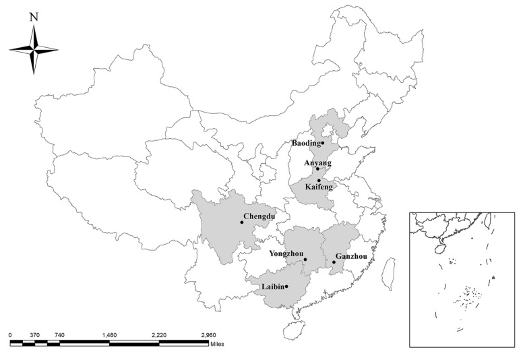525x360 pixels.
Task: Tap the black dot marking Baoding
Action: click(323, 143)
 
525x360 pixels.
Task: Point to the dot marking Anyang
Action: click(317, 169)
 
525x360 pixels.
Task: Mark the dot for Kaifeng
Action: click(319, 180)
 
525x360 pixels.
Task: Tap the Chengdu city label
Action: click(259, 216)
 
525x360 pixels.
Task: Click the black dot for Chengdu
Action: click(241, 222)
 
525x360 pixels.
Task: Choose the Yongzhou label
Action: click(286, 253)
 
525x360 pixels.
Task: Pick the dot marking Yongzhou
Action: click(305, 260)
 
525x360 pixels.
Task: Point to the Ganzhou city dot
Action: click(334, 262)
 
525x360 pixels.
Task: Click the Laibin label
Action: click(272, 287)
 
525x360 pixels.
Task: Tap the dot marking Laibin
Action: click(286, 287)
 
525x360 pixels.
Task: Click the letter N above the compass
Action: click(33, 18)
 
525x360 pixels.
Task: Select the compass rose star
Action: click(33, 49)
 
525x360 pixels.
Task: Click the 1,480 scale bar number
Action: click(109, 334)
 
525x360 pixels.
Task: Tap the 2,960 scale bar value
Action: click(208, 334)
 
